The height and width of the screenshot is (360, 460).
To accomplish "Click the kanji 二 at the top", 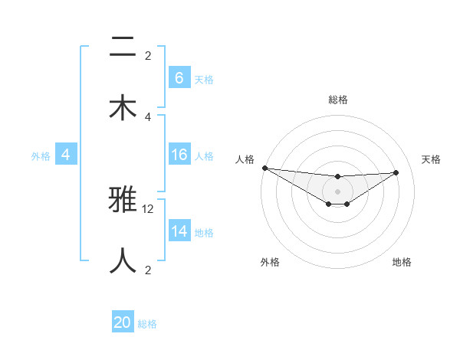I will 123,48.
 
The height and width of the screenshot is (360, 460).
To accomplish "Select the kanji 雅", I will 123,201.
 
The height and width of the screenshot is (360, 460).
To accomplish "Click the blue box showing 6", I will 179,78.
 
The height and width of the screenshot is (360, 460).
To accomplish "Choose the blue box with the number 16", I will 179,155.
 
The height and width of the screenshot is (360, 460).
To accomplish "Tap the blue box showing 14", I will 179,231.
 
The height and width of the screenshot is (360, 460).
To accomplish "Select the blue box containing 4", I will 66,155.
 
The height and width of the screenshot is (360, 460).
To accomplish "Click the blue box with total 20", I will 123,322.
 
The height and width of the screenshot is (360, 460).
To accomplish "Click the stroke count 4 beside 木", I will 148,116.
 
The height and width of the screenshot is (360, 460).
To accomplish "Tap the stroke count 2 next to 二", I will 148,56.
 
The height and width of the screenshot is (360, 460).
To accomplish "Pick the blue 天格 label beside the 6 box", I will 204,79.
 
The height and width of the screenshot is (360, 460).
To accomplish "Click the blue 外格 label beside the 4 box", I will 41,155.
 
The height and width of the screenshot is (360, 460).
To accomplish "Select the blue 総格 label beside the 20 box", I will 147,323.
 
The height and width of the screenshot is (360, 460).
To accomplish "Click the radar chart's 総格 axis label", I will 338,100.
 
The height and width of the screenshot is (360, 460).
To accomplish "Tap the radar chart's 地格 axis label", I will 402,262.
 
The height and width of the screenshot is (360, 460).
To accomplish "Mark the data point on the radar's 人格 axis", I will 264,168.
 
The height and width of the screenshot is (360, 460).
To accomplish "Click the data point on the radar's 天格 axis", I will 396,172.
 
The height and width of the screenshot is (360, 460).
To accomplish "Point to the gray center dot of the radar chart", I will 337,191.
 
